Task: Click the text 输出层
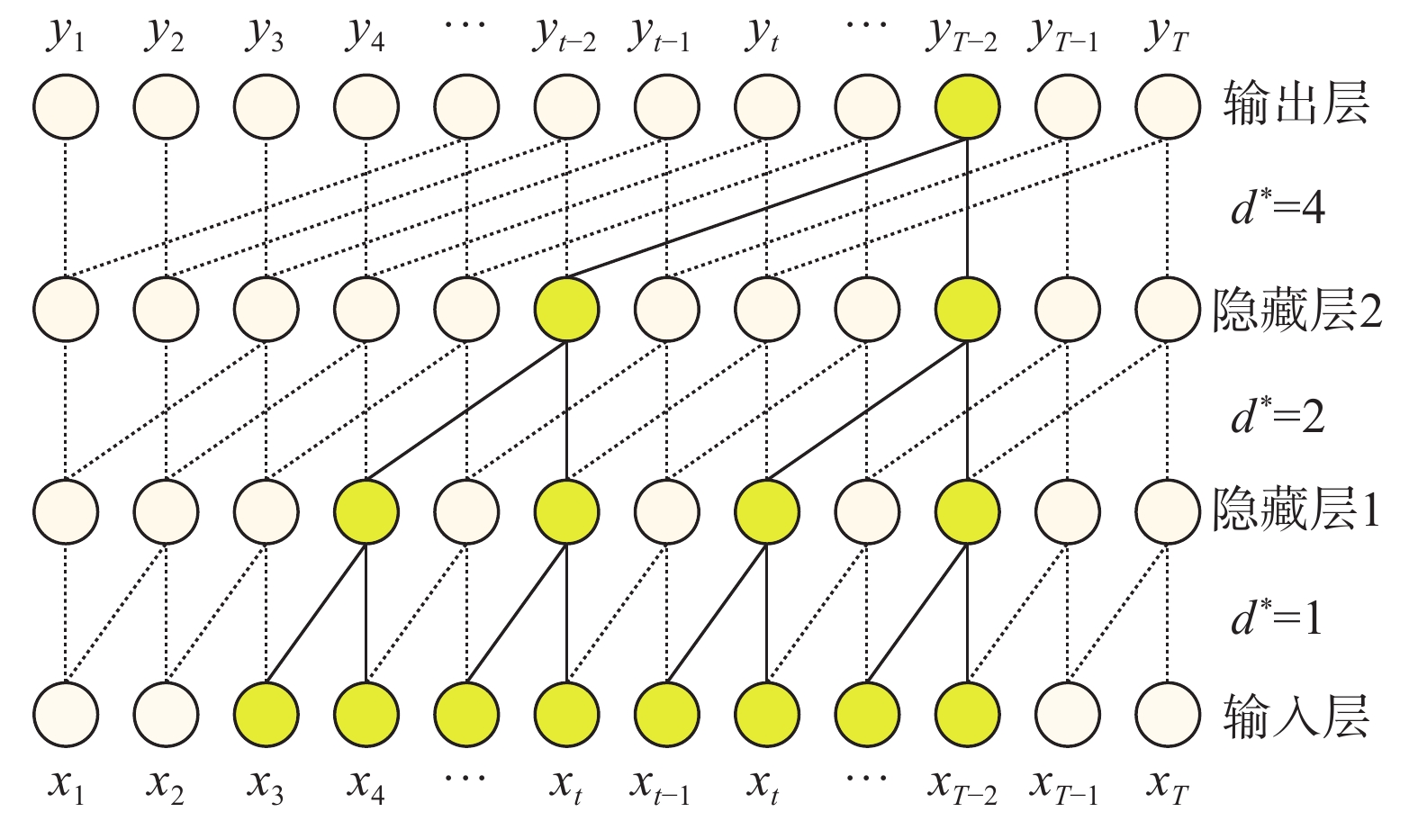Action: (x=1296, y=104)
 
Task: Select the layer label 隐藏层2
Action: (x=1296, y=310)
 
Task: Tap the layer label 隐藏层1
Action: (x=1296, y=510)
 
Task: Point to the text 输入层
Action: (x=1296, y=717)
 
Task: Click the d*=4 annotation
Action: (x=1278, y=209)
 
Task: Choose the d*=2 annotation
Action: (x=1278, y=416)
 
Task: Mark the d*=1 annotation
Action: (x=1278, y=618)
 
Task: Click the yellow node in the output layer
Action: (x=968, y=106)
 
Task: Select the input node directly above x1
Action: (x=66, y=715)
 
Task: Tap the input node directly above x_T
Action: (x=1168, y=715)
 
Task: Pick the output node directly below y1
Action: (x=66, y=106)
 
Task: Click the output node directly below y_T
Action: (x=1168, y=106)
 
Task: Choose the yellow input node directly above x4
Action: (x=366, y=715)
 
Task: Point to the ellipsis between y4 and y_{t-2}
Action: (x=465, y=25)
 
